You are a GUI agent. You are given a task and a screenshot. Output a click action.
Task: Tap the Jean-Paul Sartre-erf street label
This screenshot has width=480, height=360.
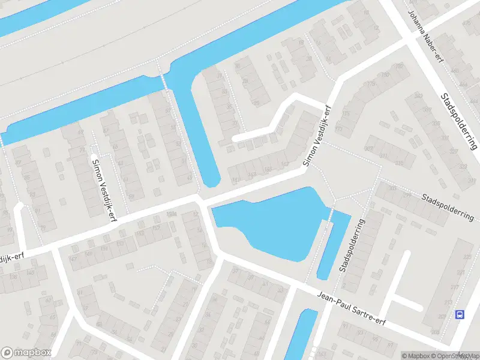[x=351, y=307]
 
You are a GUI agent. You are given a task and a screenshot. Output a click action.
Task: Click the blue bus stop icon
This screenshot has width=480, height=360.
[x=460, y=314]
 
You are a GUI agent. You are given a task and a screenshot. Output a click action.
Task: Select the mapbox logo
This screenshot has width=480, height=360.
[x=26, y=352]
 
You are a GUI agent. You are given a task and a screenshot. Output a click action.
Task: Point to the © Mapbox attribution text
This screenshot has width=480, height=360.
[x=416, y=356]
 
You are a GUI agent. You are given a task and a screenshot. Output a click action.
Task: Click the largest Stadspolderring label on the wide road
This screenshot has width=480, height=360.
[x=459, y=120]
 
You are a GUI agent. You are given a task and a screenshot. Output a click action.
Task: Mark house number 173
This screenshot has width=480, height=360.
[x=344, y=114]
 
